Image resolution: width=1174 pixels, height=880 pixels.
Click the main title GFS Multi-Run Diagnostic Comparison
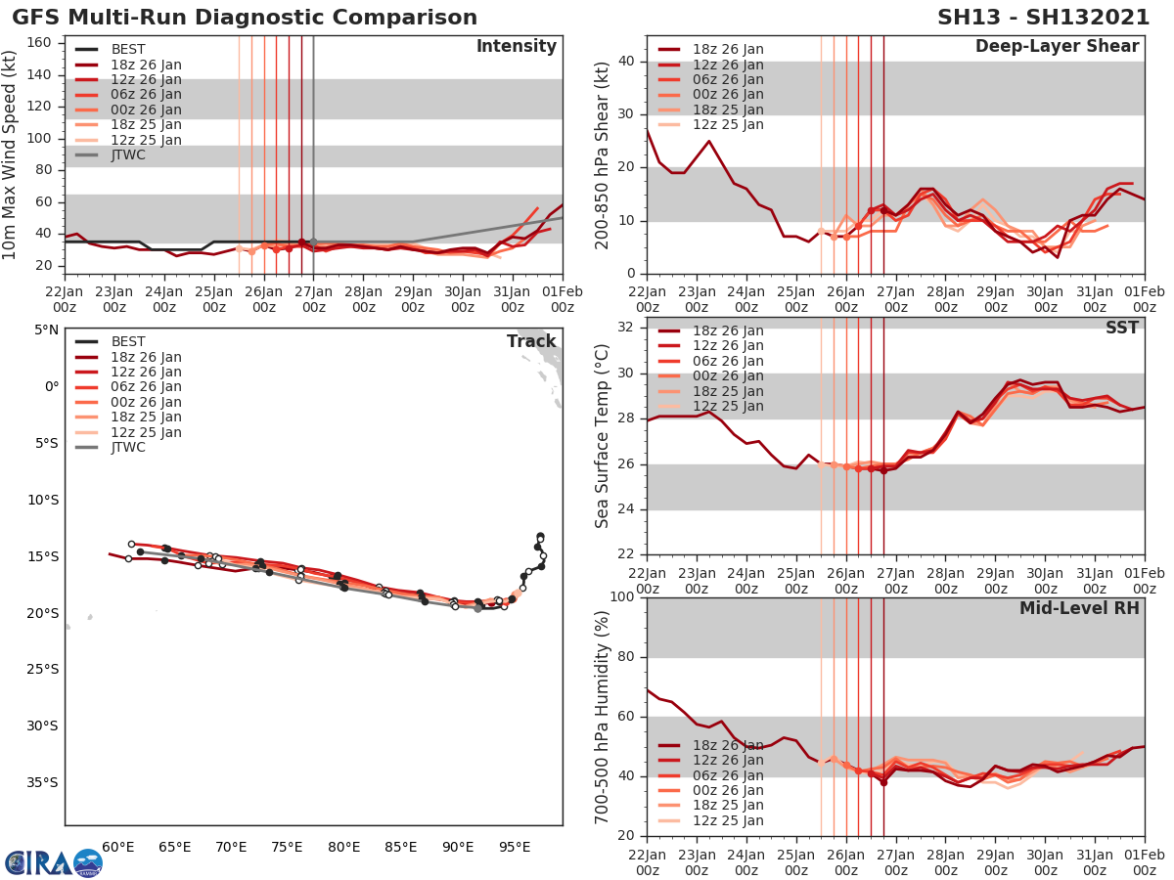[x=245, y=18]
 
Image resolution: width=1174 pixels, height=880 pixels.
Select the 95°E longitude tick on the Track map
[x=516, y=846]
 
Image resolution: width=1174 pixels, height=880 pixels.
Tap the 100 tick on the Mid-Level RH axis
[x=622, y=597]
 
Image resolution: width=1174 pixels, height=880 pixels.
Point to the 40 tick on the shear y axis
[x=627, y=62]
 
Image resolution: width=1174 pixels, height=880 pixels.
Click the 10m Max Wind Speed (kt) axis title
[x=12, y=154]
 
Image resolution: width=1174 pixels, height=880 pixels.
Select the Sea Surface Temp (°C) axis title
[x=603, y=434]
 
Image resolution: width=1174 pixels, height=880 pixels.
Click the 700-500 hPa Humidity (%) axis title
[x=603, y=717]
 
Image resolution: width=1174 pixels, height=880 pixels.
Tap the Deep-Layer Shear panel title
[x=1057, y=46]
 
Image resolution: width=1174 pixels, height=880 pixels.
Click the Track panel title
[x=531, y=341]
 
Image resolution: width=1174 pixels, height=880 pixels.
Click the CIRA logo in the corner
[x=53, y=862]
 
